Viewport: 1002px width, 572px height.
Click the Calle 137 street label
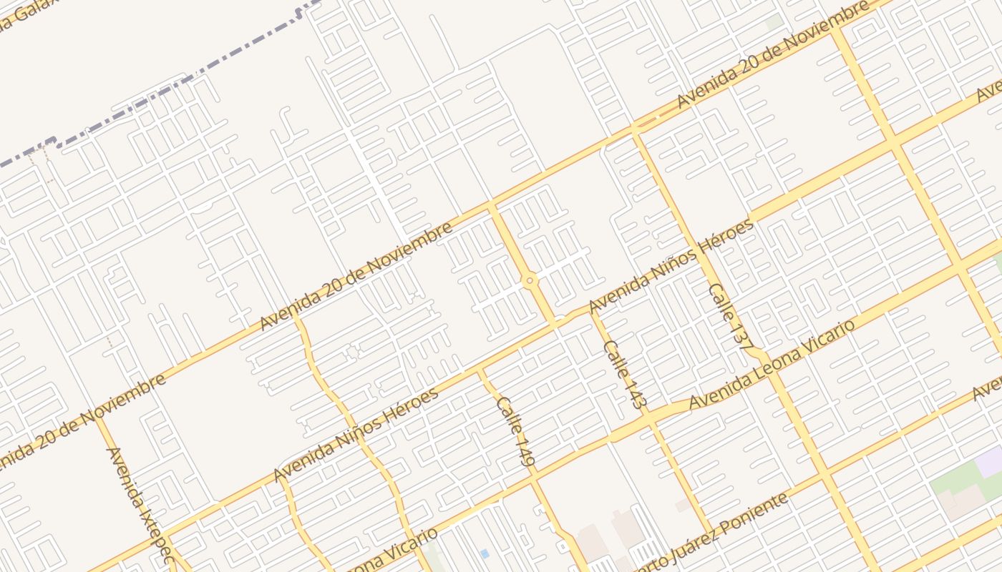(x=728, y=315)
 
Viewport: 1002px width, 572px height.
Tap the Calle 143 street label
(x=625, y=374)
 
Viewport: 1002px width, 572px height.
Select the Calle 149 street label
(x=515, y=432)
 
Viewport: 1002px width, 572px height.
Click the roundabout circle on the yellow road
(x=530, y=281)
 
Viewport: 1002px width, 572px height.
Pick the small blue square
(x=485, y=553)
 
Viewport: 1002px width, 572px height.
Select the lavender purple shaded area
(x=990, y=461)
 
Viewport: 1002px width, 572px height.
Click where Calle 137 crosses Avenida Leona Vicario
(x=772, y=363)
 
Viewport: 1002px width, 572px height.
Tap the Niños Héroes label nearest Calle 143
(x=671, y=266)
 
